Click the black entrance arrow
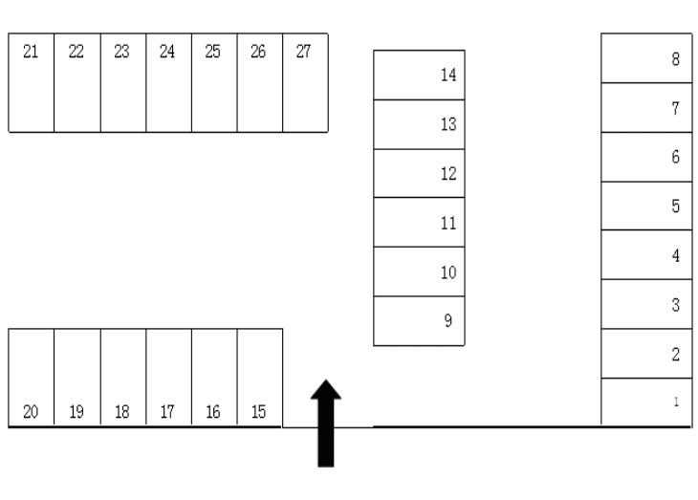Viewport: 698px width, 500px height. coord(327,421)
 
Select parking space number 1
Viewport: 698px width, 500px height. coord(645,402)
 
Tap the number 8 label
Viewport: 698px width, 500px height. coord(676,59)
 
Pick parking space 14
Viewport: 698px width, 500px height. coord(419,75)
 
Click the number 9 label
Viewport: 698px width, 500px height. coord(447,321)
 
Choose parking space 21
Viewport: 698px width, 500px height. coord(31,83)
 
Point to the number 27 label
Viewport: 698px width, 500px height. coord(303,52)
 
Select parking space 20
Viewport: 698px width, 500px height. coord(31,378)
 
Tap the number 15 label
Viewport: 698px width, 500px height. coord(258,412)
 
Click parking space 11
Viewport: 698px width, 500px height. coord(419,223)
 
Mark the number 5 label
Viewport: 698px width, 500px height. coord(676,207)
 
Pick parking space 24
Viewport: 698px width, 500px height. coord(168,83)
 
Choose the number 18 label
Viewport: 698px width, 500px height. coord(122,412)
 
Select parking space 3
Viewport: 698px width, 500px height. coord(645,304)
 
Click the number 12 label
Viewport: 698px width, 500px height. coord(447,175)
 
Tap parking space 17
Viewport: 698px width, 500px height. coord(168,378)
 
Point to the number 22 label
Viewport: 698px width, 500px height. coord(76,52)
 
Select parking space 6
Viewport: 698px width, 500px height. coord(645,157)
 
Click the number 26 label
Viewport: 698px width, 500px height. coord(258,52)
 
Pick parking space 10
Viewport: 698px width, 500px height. coord(419,272)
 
